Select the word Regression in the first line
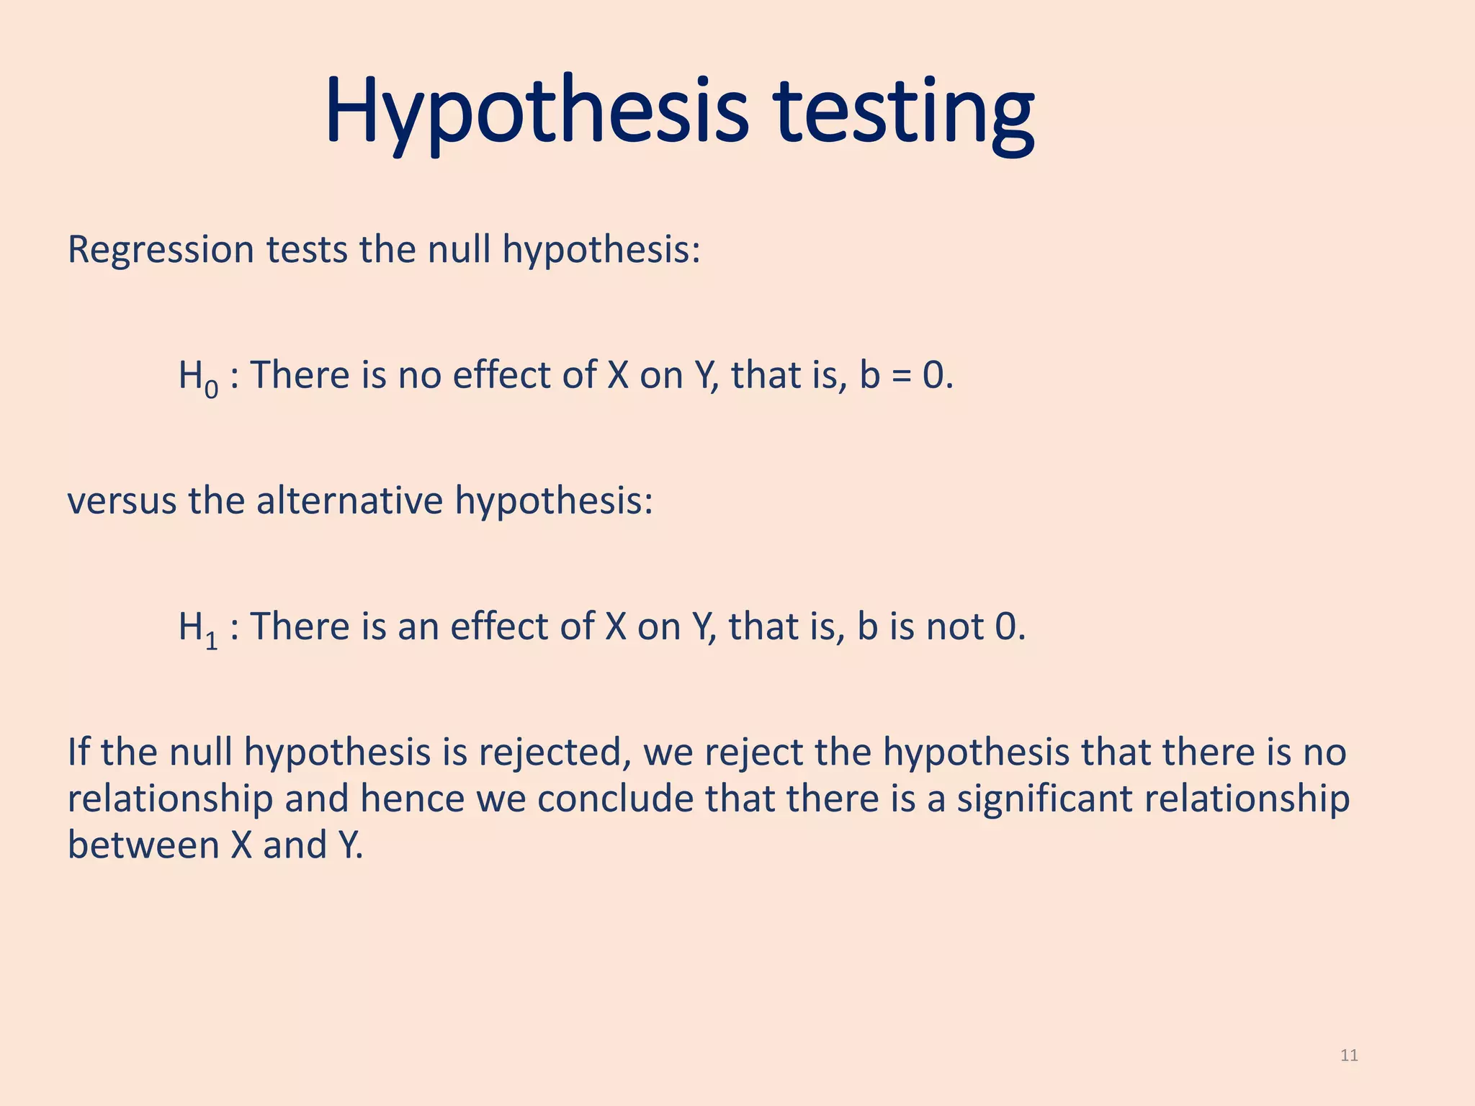click(161, 251)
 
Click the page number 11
click(1349, 1056)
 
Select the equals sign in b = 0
click(901, 376)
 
